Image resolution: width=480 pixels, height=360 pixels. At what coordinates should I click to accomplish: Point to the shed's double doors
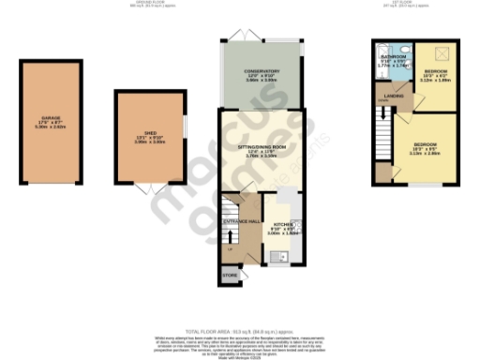[150, 189]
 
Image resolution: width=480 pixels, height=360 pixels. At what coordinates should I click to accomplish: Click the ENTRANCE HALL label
[241, 221]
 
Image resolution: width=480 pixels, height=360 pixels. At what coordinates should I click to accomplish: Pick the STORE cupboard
[230, 276]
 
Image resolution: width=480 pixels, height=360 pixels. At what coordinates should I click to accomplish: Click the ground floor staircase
[231, 207]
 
